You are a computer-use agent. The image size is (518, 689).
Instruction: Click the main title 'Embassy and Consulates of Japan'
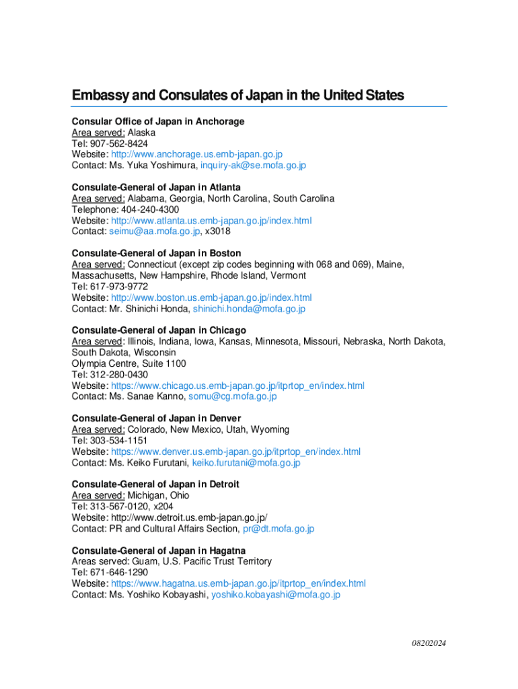[237, 96]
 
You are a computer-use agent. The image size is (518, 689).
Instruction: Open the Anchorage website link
[196, 154]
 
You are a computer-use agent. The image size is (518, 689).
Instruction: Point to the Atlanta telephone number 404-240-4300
[149, 209]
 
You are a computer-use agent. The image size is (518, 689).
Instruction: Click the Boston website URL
[211, 297]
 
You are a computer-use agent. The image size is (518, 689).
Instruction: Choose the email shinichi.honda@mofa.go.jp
[249, 309]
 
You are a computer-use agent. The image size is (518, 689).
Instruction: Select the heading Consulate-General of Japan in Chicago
[159, 330]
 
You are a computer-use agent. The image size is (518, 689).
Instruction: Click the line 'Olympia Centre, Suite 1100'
[129, 363]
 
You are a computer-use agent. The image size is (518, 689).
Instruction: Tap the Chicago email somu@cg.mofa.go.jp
[232, 396]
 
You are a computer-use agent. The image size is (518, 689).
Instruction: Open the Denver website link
[235, 451]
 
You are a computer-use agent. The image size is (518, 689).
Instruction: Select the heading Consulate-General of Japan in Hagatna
[159, 550]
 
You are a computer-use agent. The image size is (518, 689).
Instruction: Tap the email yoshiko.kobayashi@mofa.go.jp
[276, 595]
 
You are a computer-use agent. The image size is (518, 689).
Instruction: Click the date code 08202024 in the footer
[429, 643]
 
